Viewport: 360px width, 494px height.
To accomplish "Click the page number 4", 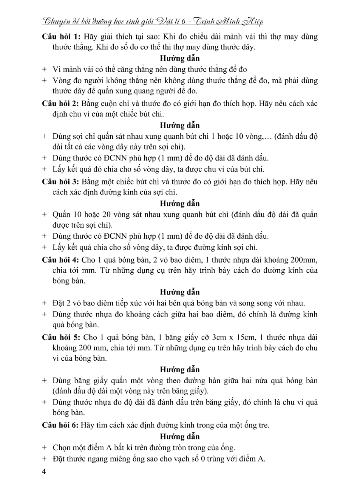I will click(44, 472).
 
